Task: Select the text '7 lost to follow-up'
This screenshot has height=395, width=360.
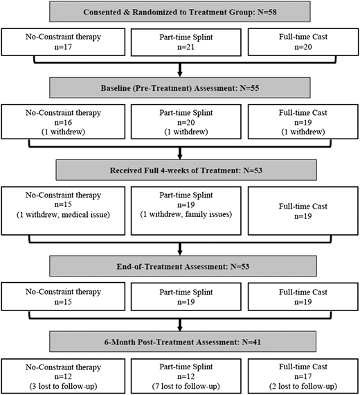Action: (179, 385)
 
